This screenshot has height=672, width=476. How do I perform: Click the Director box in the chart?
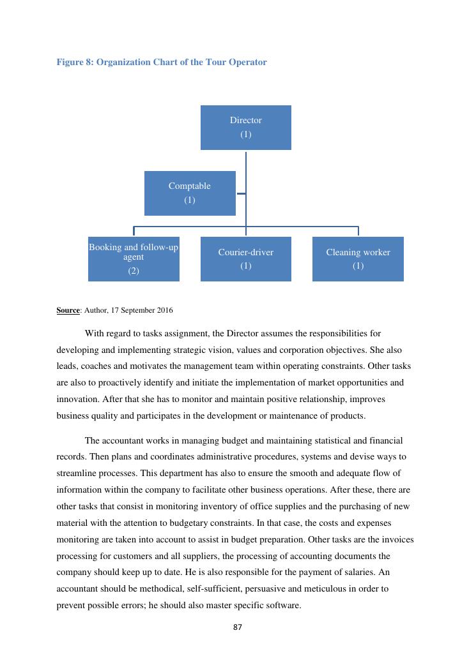[x=245, y=127]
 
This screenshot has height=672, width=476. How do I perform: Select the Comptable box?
[x=190, y=193]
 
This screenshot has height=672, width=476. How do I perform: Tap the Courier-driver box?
[x=245, y=258]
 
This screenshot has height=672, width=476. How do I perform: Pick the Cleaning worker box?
[x=358, y=258]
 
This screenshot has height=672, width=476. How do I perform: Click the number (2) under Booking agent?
[x=134, y=271]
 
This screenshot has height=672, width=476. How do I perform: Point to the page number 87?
[x=238, y=627]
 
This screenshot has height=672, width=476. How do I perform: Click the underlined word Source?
[x=68, y=310]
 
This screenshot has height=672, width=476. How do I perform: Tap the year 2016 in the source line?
[x=164, y=310]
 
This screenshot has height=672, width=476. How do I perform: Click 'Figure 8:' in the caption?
[x=75, y=62]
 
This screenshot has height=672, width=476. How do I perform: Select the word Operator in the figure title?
[x=247, y=62]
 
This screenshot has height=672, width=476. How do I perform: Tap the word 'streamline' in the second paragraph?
[x=77, y=474]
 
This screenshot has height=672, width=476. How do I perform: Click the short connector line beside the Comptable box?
[x=241, y=193]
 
